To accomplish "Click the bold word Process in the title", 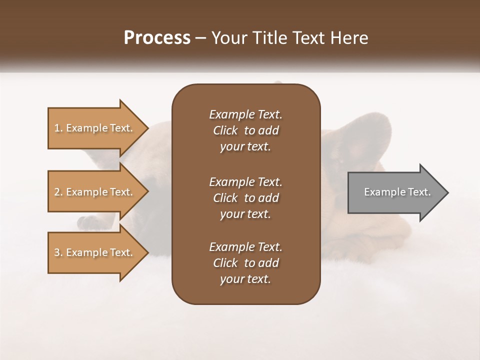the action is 157,37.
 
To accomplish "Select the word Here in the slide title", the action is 349,37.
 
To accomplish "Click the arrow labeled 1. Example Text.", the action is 95,128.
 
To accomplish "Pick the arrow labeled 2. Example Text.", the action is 95,192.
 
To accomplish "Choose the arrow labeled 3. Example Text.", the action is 95,252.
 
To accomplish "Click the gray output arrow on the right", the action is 395,192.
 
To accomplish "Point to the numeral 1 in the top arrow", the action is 56,128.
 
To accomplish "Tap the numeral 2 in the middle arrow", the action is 56,192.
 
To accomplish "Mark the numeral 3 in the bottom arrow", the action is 56,252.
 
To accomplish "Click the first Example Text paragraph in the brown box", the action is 245,130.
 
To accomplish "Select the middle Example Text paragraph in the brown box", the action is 245,197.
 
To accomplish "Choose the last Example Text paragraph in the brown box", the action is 245,263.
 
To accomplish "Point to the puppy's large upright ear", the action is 370,135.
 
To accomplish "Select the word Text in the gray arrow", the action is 419,192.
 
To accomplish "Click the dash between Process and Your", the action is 201,38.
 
